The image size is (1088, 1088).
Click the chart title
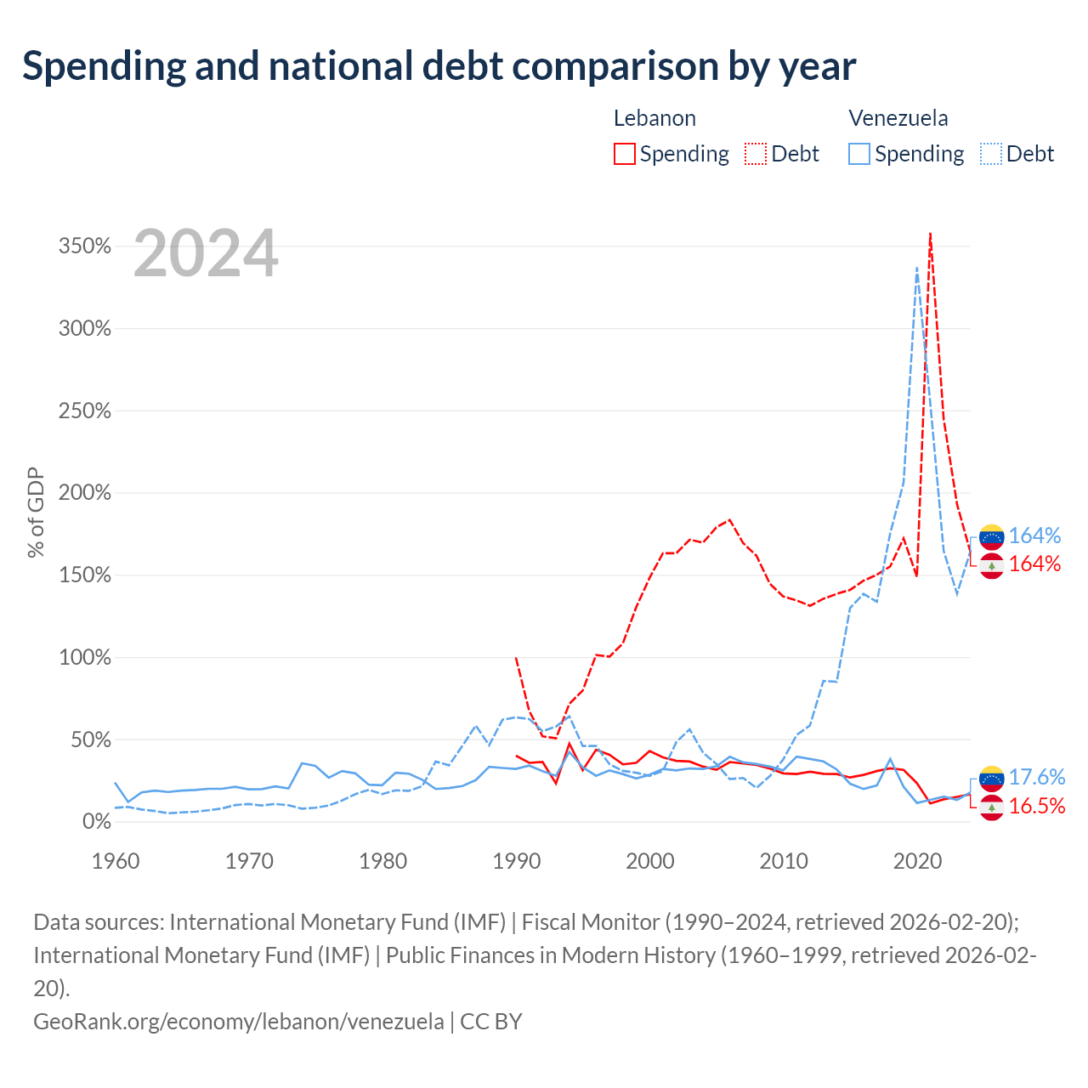coord(439,66)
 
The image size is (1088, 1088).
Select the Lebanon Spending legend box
coord(625,154)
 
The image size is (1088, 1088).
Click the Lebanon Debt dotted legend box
coord(756,154)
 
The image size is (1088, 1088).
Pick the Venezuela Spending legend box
coord(858,154)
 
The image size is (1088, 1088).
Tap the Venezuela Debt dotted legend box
coord(990,154)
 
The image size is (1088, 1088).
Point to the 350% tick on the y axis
coord(85,246)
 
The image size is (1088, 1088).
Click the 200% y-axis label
coord(85,493)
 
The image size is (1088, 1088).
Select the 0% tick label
coord(97,821)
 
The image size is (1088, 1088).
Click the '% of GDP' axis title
coord(36,512)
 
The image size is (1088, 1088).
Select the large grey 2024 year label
coord(206,253)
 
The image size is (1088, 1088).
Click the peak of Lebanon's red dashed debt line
coord(930,233)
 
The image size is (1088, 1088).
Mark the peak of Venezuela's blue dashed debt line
coord(917,268)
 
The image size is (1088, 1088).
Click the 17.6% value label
coord(1037,778)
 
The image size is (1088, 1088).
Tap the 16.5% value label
coord(1037,807)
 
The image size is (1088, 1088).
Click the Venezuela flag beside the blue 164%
coord(991,537)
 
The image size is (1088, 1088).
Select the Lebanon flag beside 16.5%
coord(991,807)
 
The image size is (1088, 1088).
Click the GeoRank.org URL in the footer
coord(239,1022)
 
